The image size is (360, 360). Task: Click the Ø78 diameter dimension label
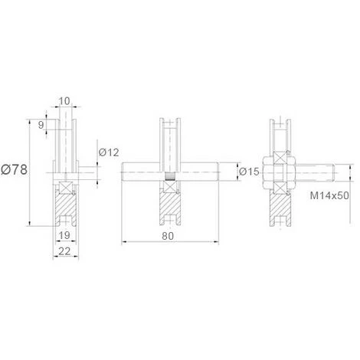[14, 169]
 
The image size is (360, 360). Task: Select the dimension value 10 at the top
[64, 101]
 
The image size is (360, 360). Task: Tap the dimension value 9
[41, 125]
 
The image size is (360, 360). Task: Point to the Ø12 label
[109, 152]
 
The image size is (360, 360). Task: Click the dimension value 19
[64, 235]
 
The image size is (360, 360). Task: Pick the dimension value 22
[64, 251]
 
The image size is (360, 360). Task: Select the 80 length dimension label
[168, 236]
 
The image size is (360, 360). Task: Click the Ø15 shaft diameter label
[249, 172]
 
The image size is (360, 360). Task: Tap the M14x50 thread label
[329, 195]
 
